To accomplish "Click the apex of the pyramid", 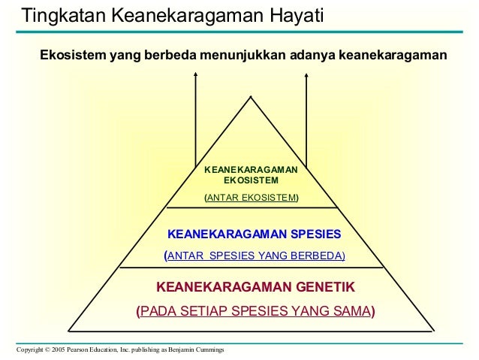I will click(x=252, y=96).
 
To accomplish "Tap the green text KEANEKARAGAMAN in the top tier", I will click(x=251, y=171).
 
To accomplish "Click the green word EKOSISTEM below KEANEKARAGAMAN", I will click(x=251, y=181).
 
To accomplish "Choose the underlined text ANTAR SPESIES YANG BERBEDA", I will click(x=255, y=256).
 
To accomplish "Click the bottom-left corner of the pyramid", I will click(x=69, y=329).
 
